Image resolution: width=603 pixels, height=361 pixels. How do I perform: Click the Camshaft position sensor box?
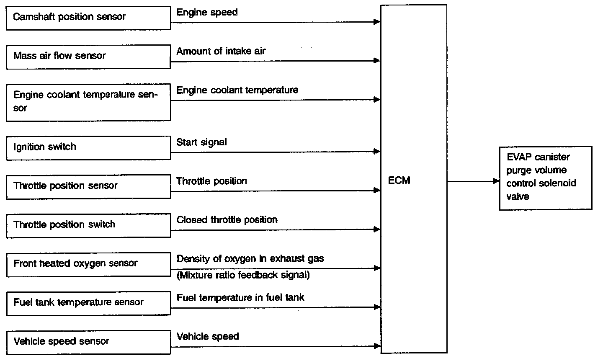tap(88, 18)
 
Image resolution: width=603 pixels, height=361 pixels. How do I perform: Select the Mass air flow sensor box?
tap(88, 57)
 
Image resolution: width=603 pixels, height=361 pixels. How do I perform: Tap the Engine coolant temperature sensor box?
tap(88, 102)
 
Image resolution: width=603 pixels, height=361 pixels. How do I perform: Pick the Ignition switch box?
tap(88, 147)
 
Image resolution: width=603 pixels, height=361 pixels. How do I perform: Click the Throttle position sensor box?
tap(88, 186)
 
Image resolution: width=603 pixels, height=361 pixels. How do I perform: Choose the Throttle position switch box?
tap(88, 225)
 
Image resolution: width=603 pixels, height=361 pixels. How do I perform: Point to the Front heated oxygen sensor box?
tap(88, 264)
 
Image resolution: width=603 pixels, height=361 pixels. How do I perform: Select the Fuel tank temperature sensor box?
tap(88, 303)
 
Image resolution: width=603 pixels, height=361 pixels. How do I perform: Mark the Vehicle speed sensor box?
tap(88, 342)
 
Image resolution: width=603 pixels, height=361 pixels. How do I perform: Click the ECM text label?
tap(399, 180)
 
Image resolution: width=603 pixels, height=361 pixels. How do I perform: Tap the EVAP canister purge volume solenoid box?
tap(546, 178)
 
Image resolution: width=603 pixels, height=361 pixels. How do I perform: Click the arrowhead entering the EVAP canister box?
tap(497, 181)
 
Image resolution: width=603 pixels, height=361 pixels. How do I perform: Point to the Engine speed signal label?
tap(207, 12)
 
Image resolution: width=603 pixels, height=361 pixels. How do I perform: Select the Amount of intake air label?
tap(221, 51)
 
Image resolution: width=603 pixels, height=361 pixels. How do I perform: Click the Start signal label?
tap(201, 142)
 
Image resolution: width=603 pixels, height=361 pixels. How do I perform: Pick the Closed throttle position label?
tap(227, 220)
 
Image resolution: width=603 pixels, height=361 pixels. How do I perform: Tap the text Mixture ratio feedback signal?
tap(243, 275)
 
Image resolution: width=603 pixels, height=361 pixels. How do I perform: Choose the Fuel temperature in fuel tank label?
tap(240, 298)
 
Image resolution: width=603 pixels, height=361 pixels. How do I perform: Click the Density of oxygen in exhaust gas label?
tap(250, 259)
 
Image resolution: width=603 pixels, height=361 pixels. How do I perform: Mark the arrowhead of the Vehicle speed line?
tap(377, 346)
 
